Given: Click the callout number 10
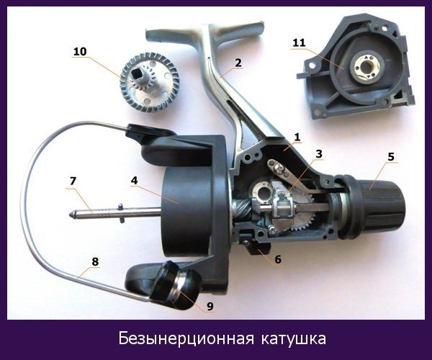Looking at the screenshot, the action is pyautogui.click(x=80, y=52).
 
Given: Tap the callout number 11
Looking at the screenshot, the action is pyautogui.click(x=300, y=43).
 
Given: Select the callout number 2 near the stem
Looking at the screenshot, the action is pyautogui.click(x=238, y=63).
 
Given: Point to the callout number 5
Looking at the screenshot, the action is pyautogui.click(x=391, y=157).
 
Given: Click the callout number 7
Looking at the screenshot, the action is pyautogui.click(x=73, y=181).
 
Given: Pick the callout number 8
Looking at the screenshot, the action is pyautogui.click(x=95, y=261).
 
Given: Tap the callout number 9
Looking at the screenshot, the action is pyautogui.click(x=210, y=306).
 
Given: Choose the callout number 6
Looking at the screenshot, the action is pyautogui.click(x=278, y=259).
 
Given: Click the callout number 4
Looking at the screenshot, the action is pyautogui.click(x=134, y=181).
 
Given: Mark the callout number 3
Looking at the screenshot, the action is pyautogui.click(x=319, y=153).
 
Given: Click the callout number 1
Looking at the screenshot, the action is pyautogui.click(x=297, y=138).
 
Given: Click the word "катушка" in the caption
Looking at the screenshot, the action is pyautogui.click(x=294, y=338).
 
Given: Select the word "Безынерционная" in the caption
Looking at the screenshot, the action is pyautogui.click(x=186, y=338).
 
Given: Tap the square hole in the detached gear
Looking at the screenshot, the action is pyautogui.click(x=138, y=74).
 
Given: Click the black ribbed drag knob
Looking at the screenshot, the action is pyautogui.click(x=377, y=206).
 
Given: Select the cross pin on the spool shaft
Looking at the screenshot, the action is pyautogui.click(x=121, y=213).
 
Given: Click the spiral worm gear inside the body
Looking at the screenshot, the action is pyautogui.click(x=243, y=210).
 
